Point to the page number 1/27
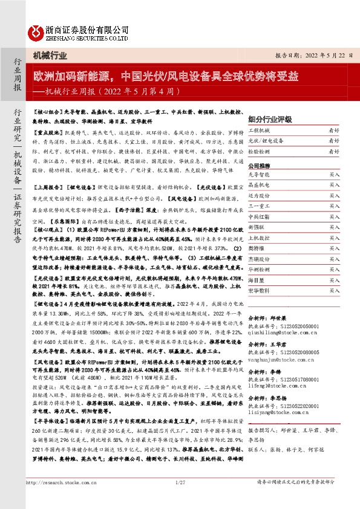point(180,481)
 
